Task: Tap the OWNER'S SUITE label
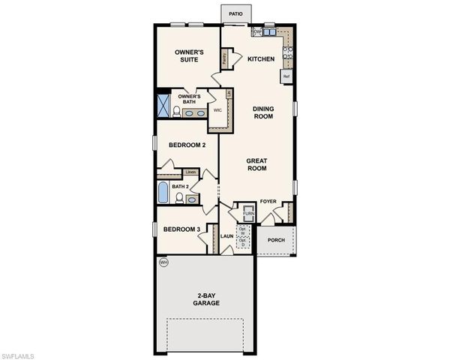189,57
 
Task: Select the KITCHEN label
261,59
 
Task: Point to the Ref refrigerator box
286,76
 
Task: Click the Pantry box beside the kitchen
224,57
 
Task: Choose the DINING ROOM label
262,112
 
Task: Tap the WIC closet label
217,110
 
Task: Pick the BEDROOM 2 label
187,145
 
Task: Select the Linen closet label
190,172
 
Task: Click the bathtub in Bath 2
163,192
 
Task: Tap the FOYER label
268,202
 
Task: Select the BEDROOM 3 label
182,229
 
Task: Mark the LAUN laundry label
226,237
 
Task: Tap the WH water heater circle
163,262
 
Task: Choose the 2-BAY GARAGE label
205,298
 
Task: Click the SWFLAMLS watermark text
19,353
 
